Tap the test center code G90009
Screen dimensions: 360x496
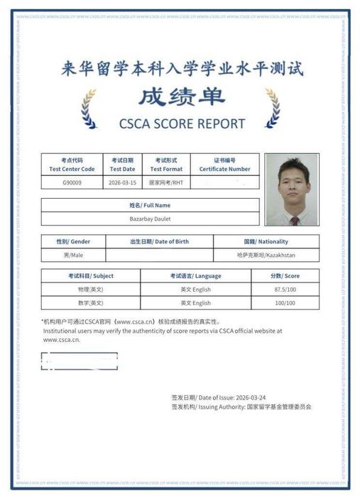72,182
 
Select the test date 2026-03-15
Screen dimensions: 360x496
123,182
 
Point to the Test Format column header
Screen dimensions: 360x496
166,165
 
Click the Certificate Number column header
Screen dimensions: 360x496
224,165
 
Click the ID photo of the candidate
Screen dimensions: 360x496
292,189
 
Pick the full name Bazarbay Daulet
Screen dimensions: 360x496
150,219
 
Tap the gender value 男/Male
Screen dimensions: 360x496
73,254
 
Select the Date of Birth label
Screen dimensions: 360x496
158,241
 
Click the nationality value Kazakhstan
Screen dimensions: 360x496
266,254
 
